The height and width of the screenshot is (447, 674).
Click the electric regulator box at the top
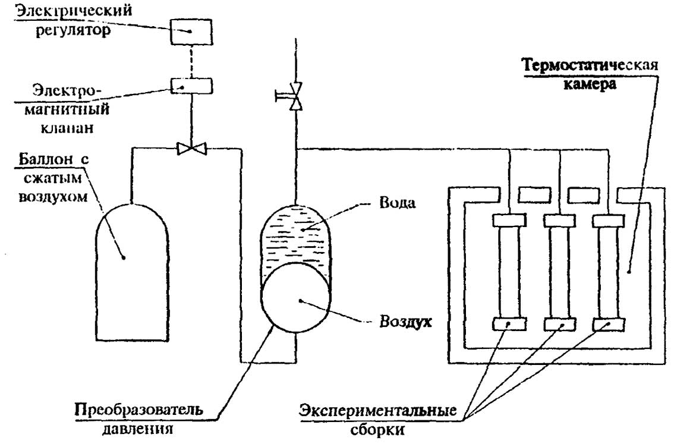tap(191, 31)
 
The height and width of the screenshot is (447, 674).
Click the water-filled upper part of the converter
tap(295, 235)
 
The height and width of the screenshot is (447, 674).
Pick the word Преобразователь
tap(138, 410)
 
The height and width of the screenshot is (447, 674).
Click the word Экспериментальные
tap(378, 411)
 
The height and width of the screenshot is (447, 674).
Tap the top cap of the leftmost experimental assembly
tap(508, 221)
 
